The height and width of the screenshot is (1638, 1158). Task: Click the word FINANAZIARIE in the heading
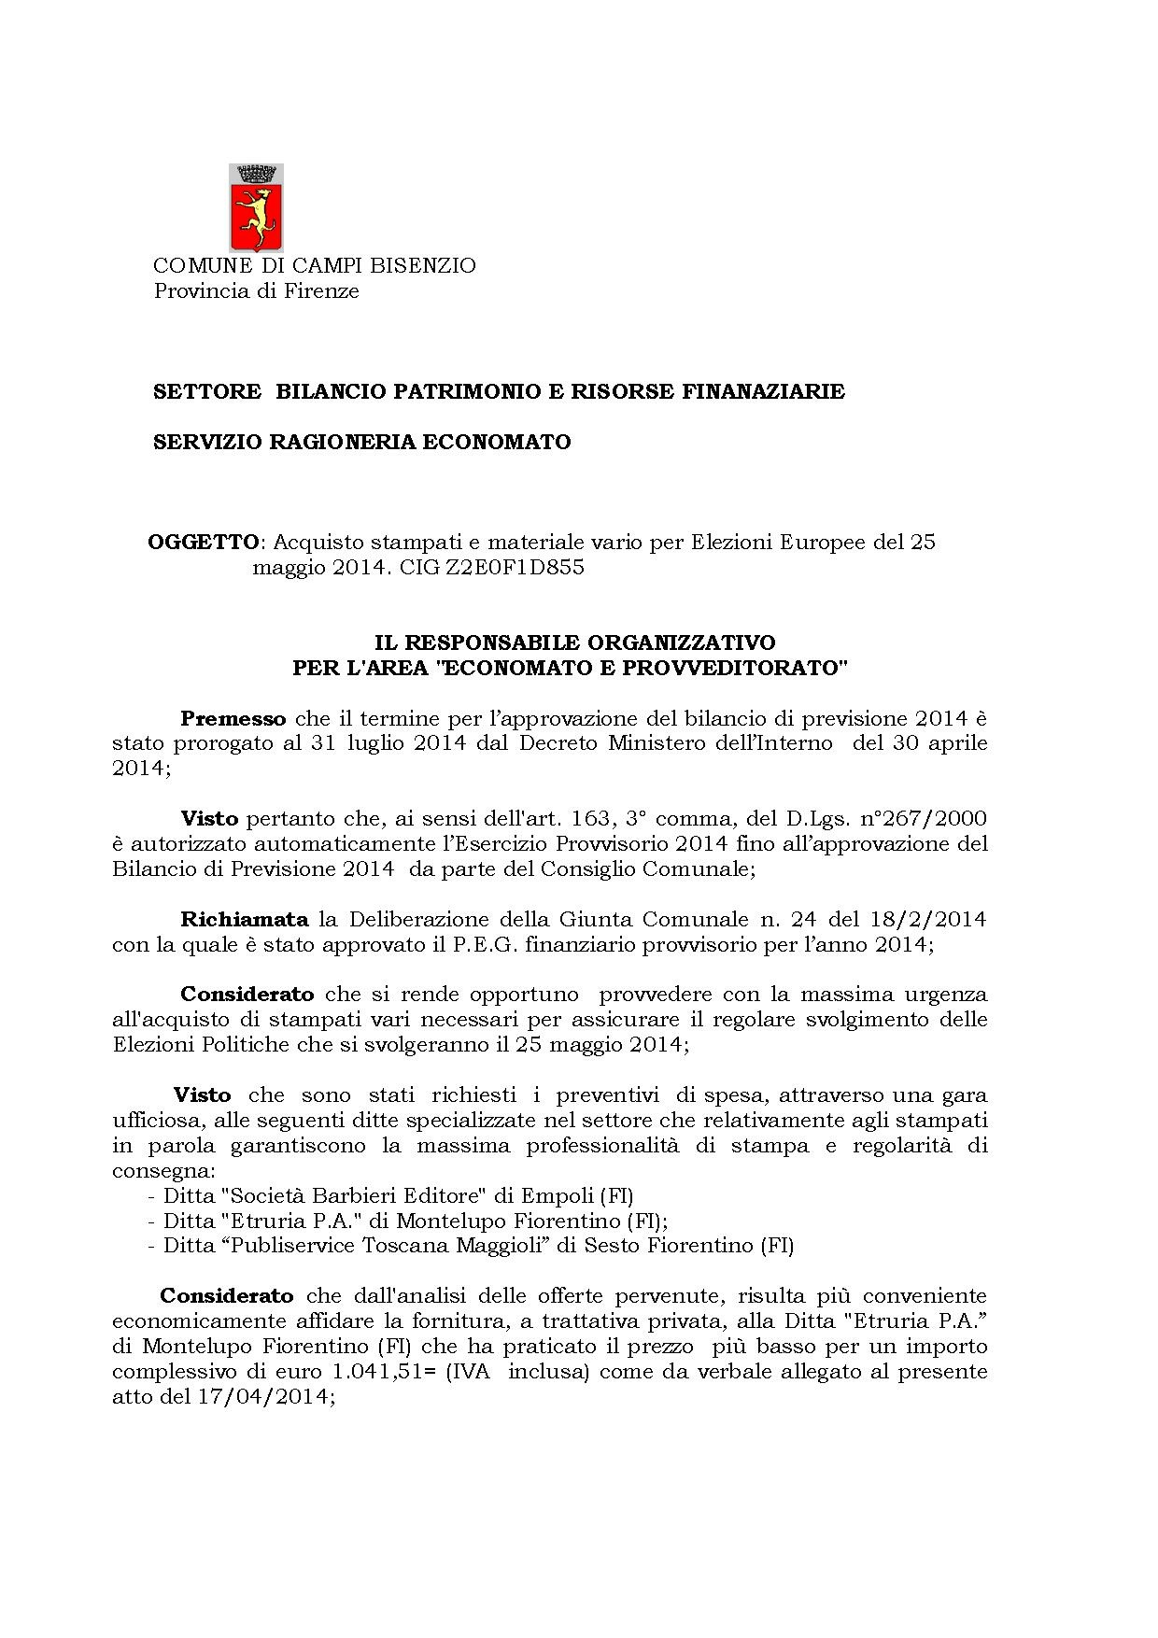tap(763, 392)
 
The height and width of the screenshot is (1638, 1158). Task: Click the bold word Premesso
tap(233, 719)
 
